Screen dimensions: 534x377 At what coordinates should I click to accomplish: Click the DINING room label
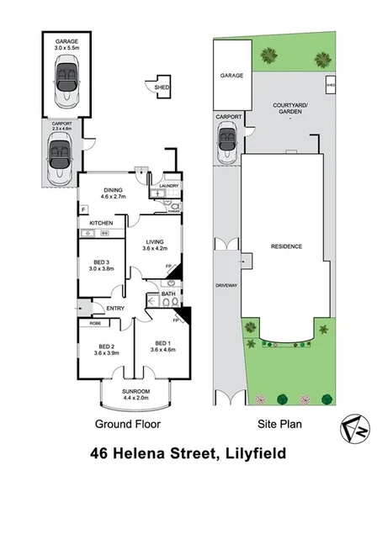pyautogui.click(x=113, y=188)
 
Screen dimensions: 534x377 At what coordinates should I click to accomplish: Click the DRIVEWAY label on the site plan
pyautogui.click(x=227, y=285)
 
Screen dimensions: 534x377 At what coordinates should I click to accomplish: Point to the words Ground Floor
pyautogui.click(x=127, y=425)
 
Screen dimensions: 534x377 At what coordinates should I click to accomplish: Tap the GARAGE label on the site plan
pyautogui.click(x=231, y=75)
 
